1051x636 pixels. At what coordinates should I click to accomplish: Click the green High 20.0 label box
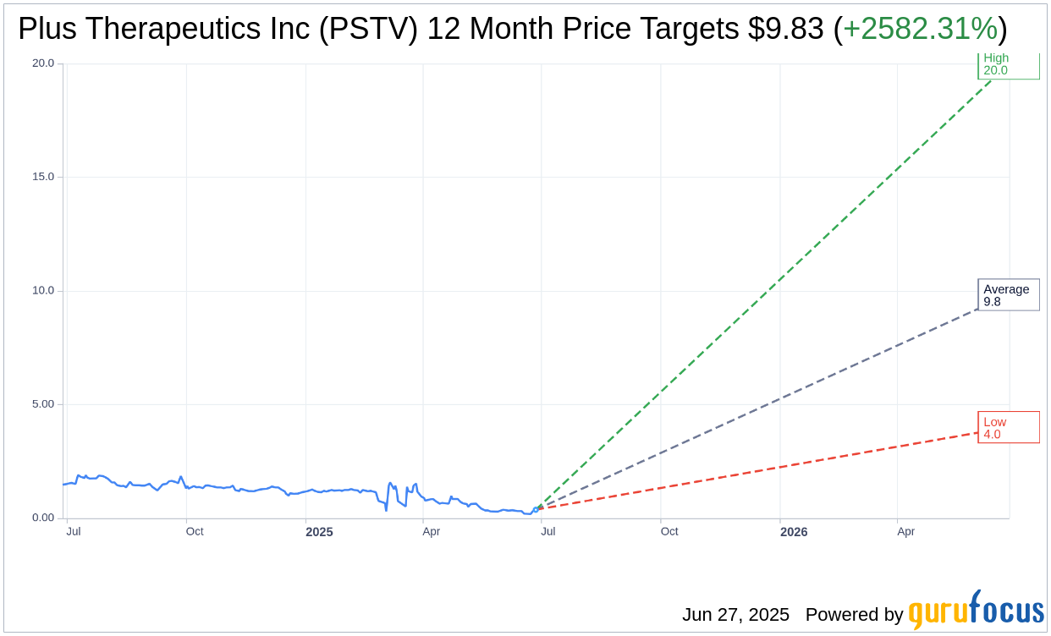(x=1008, y=65)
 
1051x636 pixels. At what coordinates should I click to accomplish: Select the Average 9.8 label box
(x=1008, y=295)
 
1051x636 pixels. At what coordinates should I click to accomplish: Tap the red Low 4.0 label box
(x=1008, y=428)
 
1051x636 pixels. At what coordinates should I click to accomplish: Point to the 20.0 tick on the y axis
(x=42, y=63)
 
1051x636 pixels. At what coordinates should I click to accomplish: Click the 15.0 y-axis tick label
(x=42, y=177)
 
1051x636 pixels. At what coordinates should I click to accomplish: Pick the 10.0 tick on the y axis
(x=42, y=290)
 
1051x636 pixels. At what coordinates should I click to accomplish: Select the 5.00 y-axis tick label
(x=42, y=404)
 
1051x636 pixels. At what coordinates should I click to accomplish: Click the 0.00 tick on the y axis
(x=42, y=518)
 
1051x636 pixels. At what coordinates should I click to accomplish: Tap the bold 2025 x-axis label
(x=319, y=532)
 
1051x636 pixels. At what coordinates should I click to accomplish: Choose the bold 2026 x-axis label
(x=794, y=532)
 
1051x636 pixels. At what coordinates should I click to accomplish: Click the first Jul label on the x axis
(x=74, y=532)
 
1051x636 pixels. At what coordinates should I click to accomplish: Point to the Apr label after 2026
(x=905, y=532)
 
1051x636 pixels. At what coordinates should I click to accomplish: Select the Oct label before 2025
(x=195, y=532)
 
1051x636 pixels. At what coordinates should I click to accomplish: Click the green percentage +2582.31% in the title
(x=920, y=29)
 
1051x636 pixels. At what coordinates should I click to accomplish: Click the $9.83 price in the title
(x=785, y=29)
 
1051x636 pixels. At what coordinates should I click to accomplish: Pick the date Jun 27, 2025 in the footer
(x=735, y=615)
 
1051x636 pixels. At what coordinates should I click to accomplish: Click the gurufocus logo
(x=976, y=611)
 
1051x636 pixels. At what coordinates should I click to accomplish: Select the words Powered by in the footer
(x=854, y=615)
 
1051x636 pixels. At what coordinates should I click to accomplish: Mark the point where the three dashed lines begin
(x=536, y=509)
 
